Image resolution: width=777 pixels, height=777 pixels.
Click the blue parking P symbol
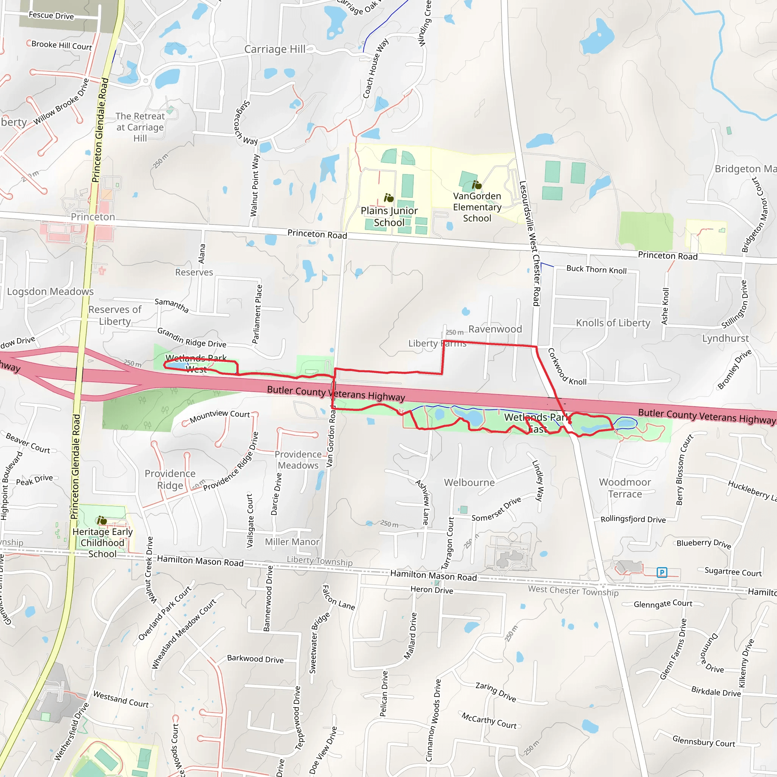click(662, 572)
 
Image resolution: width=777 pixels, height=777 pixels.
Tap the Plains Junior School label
click(389, 216)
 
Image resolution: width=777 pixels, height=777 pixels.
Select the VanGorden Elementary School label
click(477, 207)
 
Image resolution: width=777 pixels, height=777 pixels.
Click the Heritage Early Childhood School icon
click(102, 521)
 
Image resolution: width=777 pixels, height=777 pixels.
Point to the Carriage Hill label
click(275, 49)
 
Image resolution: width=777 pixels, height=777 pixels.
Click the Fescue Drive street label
click(52, 16)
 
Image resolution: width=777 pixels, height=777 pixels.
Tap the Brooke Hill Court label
click(61, 46)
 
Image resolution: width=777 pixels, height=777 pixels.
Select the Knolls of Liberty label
click(613, 323)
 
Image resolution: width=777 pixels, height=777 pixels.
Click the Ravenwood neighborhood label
click(495, 329)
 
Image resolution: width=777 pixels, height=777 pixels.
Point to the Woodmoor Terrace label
click(624, 488)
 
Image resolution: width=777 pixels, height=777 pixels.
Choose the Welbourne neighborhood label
click(469, 483)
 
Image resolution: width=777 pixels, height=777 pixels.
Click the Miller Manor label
click(292, 542)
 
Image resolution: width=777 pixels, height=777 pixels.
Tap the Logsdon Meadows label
click(50, 292)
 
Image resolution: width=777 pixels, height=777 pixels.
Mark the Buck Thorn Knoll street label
click(596, 269)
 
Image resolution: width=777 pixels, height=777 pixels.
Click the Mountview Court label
click(220, 416)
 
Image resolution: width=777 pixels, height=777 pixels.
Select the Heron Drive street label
click(431, 590)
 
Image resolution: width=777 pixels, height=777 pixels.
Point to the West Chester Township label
click(573, 591)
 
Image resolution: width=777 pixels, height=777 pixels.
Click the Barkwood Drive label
click(255, 659)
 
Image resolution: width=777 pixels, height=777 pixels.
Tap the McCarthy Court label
click(489, 720)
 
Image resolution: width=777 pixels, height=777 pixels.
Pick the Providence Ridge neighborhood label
click(170, 480)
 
